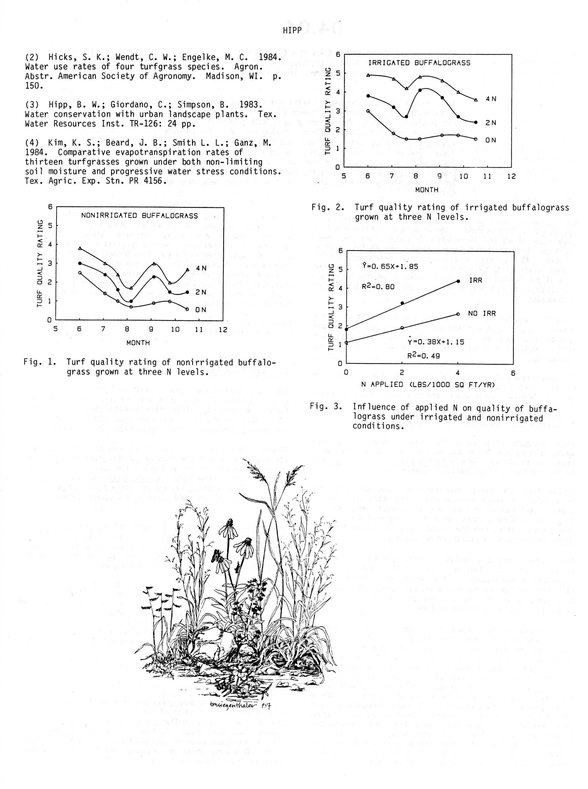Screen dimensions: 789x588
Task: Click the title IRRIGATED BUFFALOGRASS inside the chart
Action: coord(419,63)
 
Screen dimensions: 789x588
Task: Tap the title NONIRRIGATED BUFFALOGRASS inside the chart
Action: coord(139,216)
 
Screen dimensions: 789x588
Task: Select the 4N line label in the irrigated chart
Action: coord(491,99)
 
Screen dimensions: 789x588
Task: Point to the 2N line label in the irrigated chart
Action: coord(491,123)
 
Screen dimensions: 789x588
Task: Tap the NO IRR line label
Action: coord(482,314)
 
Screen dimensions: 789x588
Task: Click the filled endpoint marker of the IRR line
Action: coord(458,281)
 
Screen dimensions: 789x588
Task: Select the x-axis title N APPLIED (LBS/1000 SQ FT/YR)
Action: coord(428,385)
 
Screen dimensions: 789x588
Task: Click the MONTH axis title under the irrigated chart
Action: coord(427,190)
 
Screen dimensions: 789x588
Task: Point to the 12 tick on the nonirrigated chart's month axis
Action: coord(223,330)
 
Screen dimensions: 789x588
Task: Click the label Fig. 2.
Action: coord(327,207)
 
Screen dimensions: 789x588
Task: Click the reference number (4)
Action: coord(32,143)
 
